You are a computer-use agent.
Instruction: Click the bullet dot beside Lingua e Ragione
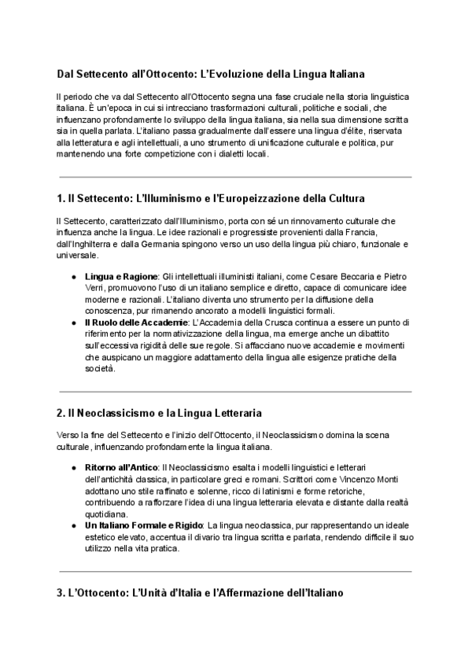pyautogui.click(x=73, y=278)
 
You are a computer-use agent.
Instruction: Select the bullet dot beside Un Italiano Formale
pyautogui.click(x=73, y=525)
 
